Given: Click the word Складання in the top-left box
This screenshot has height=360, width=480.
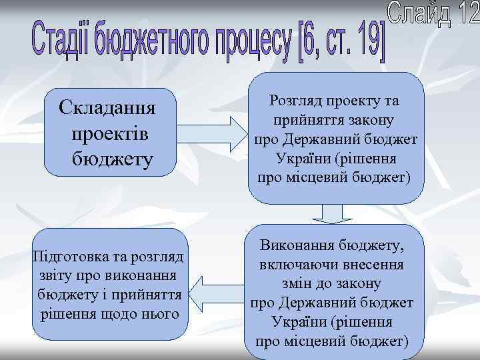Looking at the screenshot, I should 106,108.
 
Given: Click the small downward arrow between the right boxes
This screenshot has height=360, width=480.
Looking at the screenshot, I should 327,213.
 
